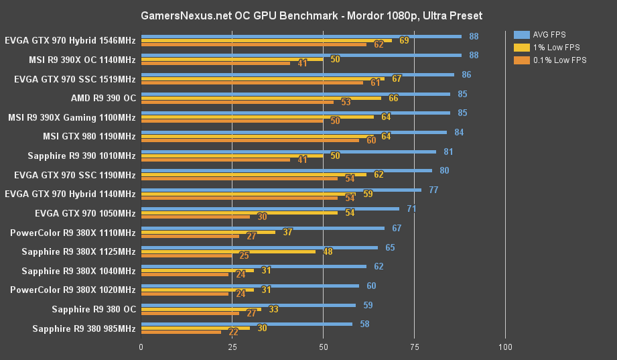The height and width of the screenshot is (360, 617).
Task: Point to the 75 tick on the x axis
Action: [x=414, y=347]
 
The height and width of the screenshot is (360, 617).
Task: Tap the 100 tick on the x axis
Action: [x=506, y=347]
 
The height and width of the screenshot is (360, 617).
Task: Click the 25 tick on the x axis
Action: [x=232, y=347]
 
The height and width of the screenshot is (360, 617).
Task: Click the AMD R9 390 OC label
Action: [x=103, y=99]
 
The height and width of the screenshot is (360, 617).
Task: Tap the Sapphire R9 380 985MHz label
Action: [x=84, y=329]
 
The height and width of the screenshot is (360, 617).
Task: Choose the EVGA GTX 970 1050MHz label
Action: [x=85, y=214]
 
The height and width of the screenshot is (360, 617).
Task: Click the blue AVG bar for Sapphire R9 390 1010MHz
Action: [x=288, y=152]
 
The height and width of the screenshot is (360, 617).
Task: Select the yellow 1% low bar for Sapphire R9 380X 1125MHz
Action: [x=228, y=252]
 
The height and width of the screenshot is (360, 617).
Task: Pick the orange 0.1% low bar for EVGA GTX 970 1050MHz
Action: [x=195, y=217]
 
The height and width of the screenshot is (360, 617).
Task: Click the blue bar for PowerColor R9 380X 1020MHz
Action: [x=250, y=286]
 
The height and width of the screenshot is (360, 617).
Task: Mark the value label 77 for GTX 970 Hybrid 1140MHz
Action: [x=433, y=190]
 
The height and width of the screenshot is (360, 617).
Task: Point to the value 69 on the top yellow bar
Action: [x=404, y=41]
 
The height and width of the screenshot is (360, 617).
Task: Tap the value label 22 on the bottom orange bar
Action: [x=233, y=333]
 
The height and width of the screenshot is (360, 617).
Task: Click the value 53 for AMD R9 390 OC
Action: [x=346, y=103]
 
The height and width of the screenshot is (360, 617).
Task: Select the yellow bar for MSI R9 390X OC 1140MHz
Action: [x=232, y=60]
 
